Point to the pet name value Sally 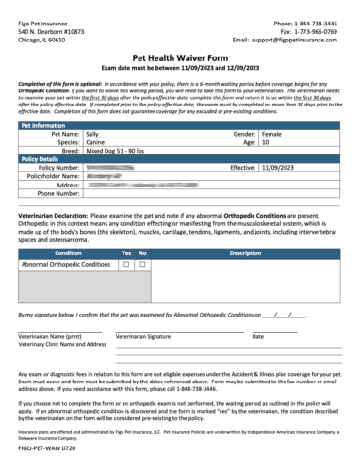click(93, 135)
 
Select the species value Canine click(96, 144)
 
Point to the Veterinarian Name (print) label click(56, 336)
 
